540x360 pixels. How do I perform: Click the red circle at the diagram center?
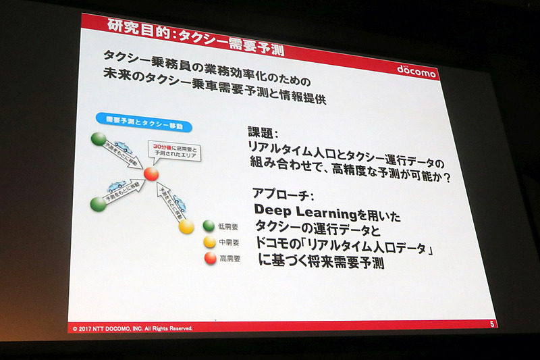(151, 174)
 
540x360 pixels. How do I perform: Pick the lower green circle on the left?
(98, 204)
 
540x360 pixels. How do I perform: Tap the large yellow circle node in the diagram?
(186, 226)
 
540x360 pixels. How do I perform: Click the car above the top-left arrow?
(124, 145)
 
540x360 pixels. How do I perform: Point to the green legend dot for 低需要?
(209, 226)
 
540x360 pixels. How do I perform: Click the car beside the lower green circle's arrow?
(119, 187)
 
